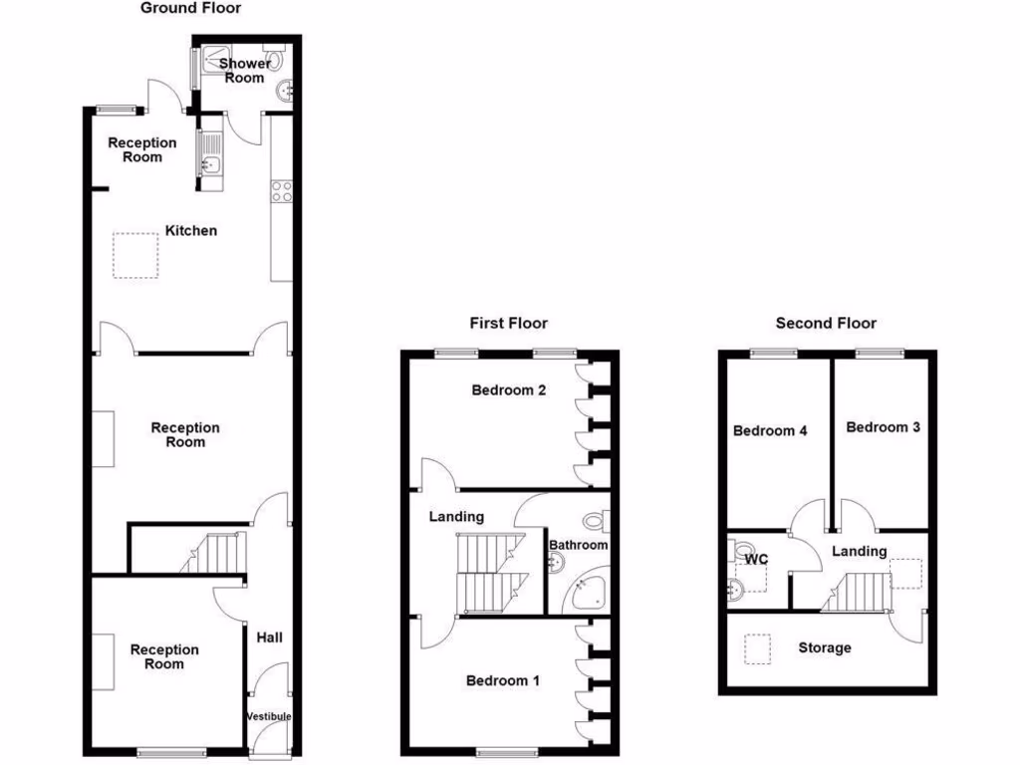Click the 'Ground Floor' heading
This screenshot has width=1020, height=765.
pos(190,8)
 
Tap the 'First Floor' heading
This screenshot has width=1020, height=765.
pos(508,323)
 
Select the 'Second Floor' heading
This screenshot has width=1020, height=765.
pos(826,323)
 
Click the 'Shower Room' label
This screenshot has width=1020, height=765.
pos(244,70)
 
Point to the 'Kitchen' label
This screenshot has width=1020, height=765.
pos(190,230)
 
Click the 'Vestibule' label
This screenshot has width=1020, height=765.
pos(269,716)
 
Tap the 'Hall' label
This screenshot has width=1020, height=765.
pos(269,637)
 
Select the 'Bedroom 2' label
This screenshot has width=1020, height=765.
pos(508,390)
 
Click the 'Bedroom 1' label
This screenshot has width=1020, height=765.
pos(503,680)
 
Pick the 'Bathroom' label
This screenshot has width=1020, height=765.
pos(578,545)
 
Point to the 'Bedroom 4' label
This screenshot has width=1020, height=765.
pos(770,430)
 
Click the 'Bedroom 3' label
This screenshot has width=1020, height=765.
pos(883,427)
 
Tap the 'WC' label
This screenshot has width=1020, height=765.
pos(757,559)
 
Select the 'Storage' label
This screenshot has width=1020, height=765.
pos(825,647)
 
